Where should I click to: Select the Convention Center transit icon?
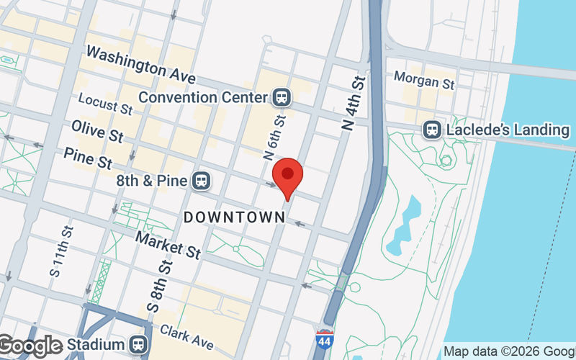tap(281, 96)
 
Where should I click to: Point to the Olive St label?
tap(97, 130)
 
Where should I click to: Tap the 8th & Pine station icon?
tap(201, 181)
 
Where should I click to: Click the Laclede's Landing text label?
tap(508, 130)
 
